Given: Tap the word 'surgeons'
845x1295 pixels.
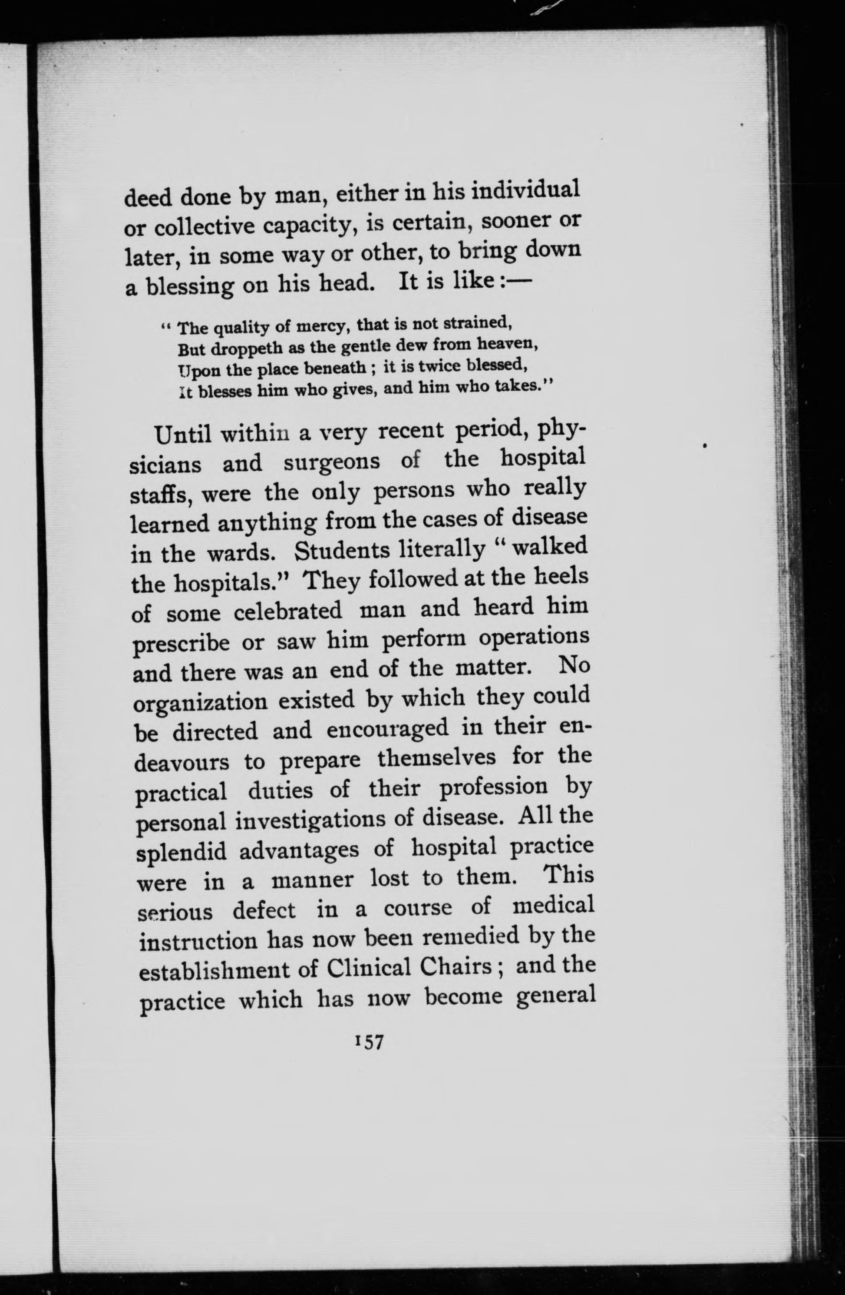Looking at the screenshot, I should (x=332, y=462).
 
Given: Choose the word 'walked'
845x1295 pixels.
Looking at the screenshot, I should (x=550, y=547).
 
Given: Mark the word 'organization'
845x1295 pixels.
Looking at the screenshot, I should (x=201, y=704).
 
